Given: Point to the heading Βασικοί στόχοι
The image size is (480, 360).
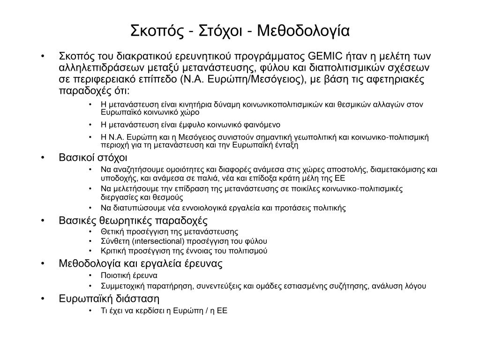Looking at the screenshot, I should [x=93, y=157].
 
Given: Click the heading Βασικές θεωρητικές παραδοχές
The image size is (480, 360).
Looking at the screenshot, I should [x=133, y=220].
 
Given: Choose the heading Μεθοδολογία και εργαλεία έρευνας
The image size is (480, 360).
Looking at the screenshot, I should [x=141, y=263].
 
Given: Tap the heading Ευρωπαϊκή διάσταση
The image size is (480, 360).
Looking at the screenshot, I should [x=109, y=299].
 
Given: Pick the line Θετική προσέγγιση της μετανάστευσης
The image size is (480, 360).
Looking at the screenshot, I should [x=169, y=231].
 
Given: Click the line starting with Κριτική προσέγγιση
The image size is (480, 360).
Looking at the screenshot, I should [x=184, y=251].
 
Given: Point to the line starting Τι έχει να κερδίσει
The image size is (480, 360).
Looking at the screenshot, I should [x=164, y=310].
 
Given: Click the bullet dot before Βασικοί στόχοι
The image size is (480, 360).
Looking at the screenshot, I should [x=43, y=157].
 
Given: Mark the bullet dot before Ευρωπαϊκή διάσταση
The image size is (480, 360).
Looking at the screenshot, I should [x=43, y=299].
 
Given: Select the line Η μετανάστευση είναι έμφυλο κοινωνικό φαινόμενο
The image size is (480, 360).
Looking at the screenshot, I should [x=190, y=125].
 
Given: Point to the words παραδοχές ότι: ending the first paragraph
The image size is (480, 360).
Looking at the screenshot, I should [x=94, y=90].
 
